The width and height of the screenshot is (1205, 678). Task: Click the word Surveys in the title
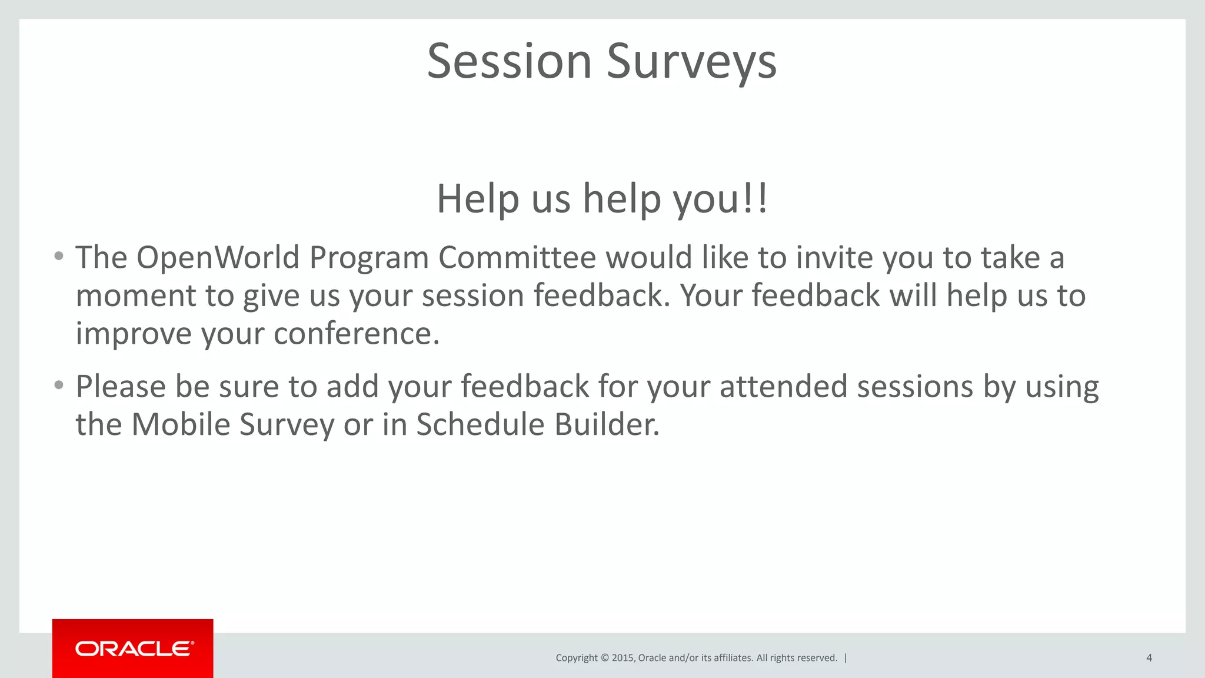(x=691, y=62)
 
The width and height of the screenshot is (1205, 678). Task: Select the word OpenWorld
(x=218, y=258)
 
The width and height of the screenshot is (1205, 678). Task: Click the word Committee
(x=517, y=258)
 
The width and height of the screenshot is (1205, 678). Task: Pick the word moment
(x=136, y=296)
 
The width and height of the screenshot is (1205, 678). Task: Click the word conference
(x=356, y=334)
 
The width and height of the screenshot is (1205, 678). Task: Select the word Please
(x=121, y=387)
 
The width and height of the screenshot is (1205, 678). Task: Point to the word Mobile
(x=181, y=424)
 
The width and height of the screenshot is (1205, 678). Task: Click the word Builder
(x=607, y=424)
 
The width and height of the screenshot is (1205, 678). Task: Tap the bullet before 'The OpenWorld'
(x=58, y=257)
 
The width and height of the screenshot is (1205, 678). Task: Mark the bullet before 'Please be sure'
(x=58, y=385)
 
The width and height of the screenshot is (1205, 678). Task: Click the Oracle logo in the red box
(x=134, y=649)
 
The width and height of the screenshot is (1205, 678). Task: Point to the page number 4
(x=1149, y=658)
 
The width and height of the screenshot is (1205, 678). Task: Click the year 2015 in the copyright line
(x=623, y=658)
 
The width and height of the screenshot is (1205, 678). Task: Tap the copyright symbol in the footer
(x=604, y=658)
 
